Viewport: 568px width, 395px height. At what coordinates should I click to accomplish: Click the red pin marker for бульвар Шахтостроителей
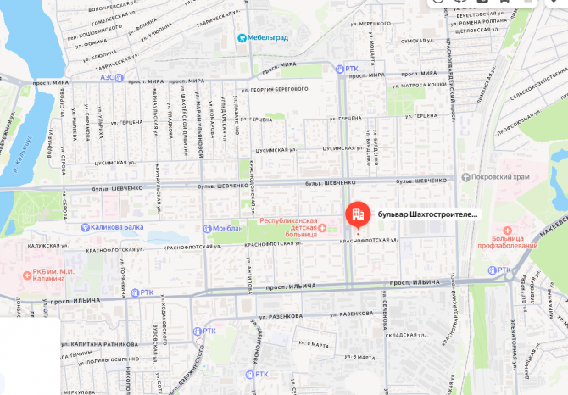point(357,214)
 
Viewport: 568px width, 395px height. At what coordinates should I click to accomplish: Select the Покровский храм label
point(500,177)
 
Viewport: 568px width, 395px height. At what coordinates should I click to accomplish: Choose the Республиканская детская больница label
point(292,225)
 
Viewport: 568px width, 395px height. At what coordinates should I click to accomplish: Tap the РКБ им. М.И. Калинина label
point(48,275)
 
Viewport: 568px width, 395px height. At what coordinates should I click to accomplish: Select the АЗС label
point(108,76)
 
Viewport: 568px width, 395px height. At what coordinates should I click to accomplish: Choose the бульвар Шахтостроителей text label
point(427,214)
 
